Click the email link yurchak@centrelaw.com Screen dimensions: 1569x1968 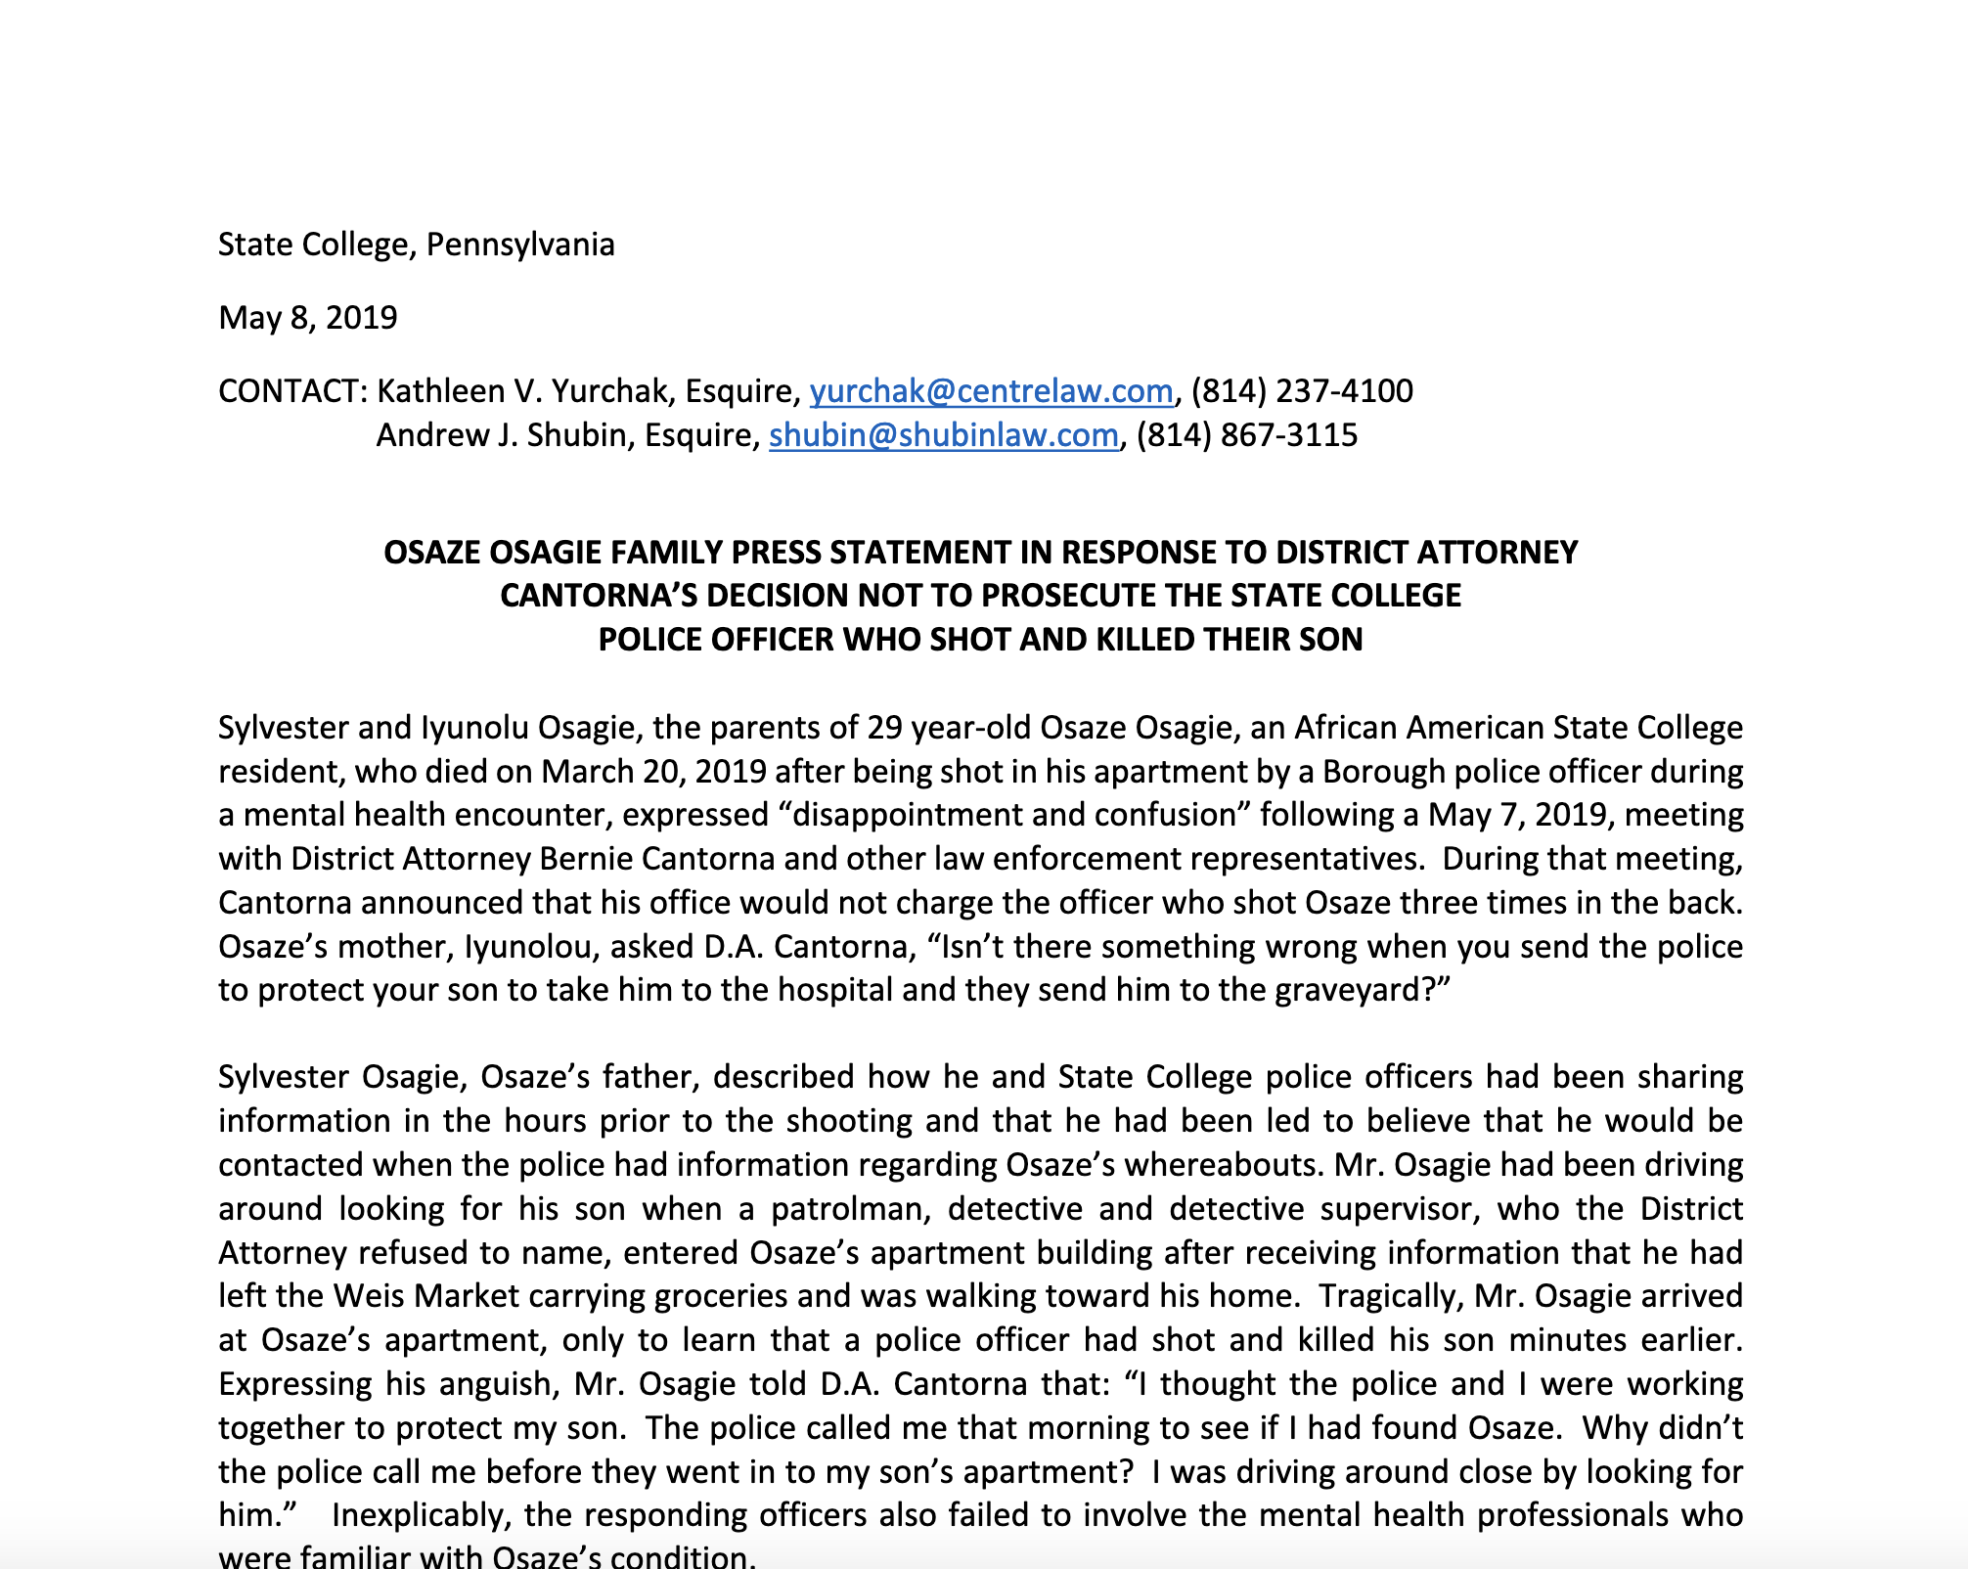point(991,391)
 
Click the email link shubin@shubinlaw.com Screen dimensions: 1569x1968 point(943,435)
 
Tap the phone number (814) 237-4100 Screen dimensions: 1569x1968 point(1302,391)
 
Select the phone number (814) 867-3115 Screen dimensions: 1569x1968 point(1246,435)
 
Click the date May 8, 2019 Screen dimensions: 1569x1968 point(307,318)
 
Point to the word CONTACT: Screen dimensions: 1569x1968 point(291,391)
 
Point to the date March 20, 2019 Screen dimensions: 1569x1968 point(653,772)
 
